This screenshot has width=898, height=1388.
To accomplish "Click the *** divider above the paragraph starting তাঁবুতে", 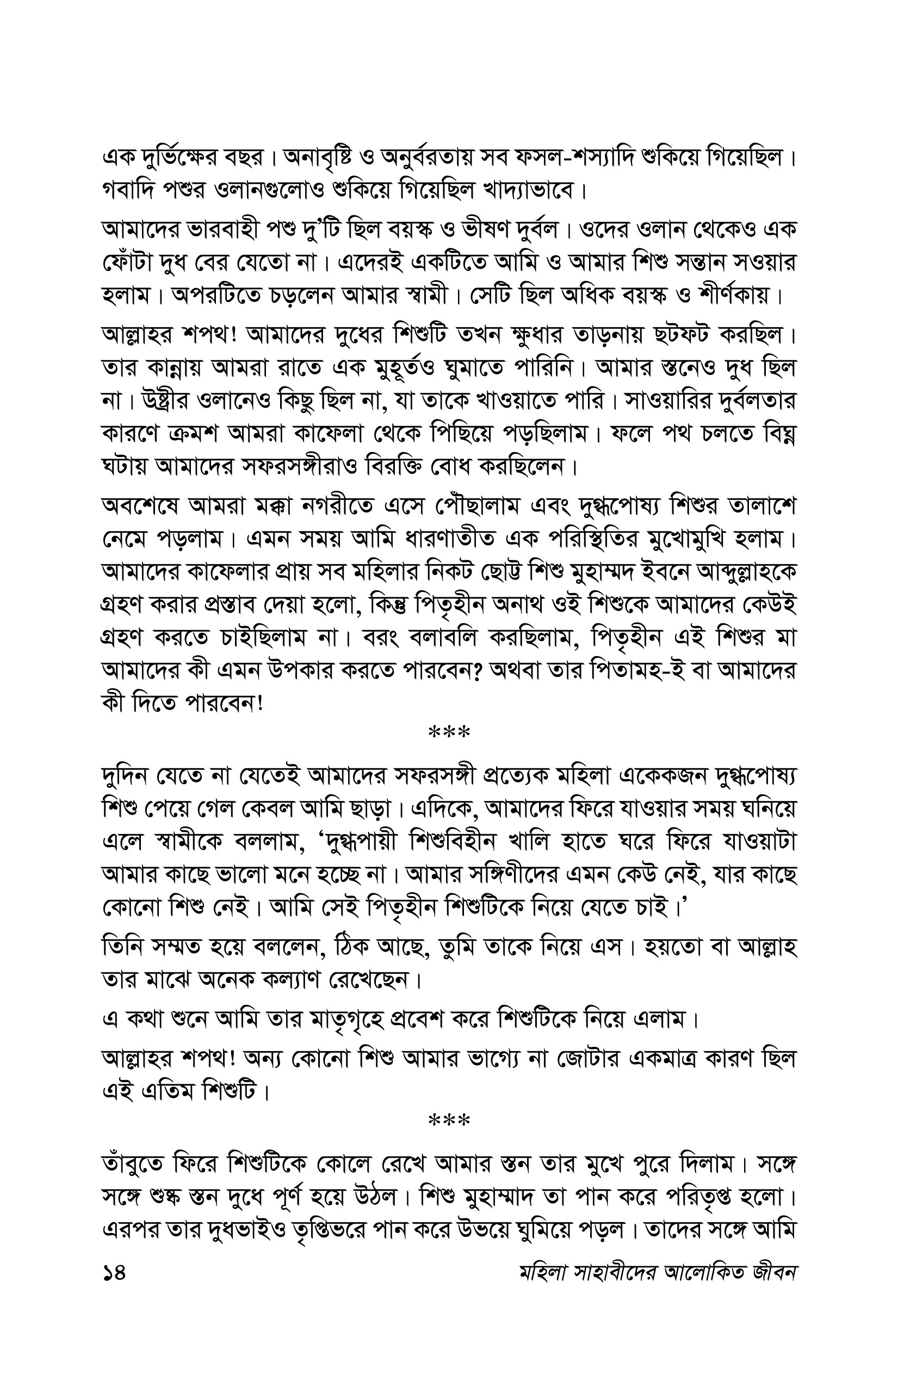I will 449,1121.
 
